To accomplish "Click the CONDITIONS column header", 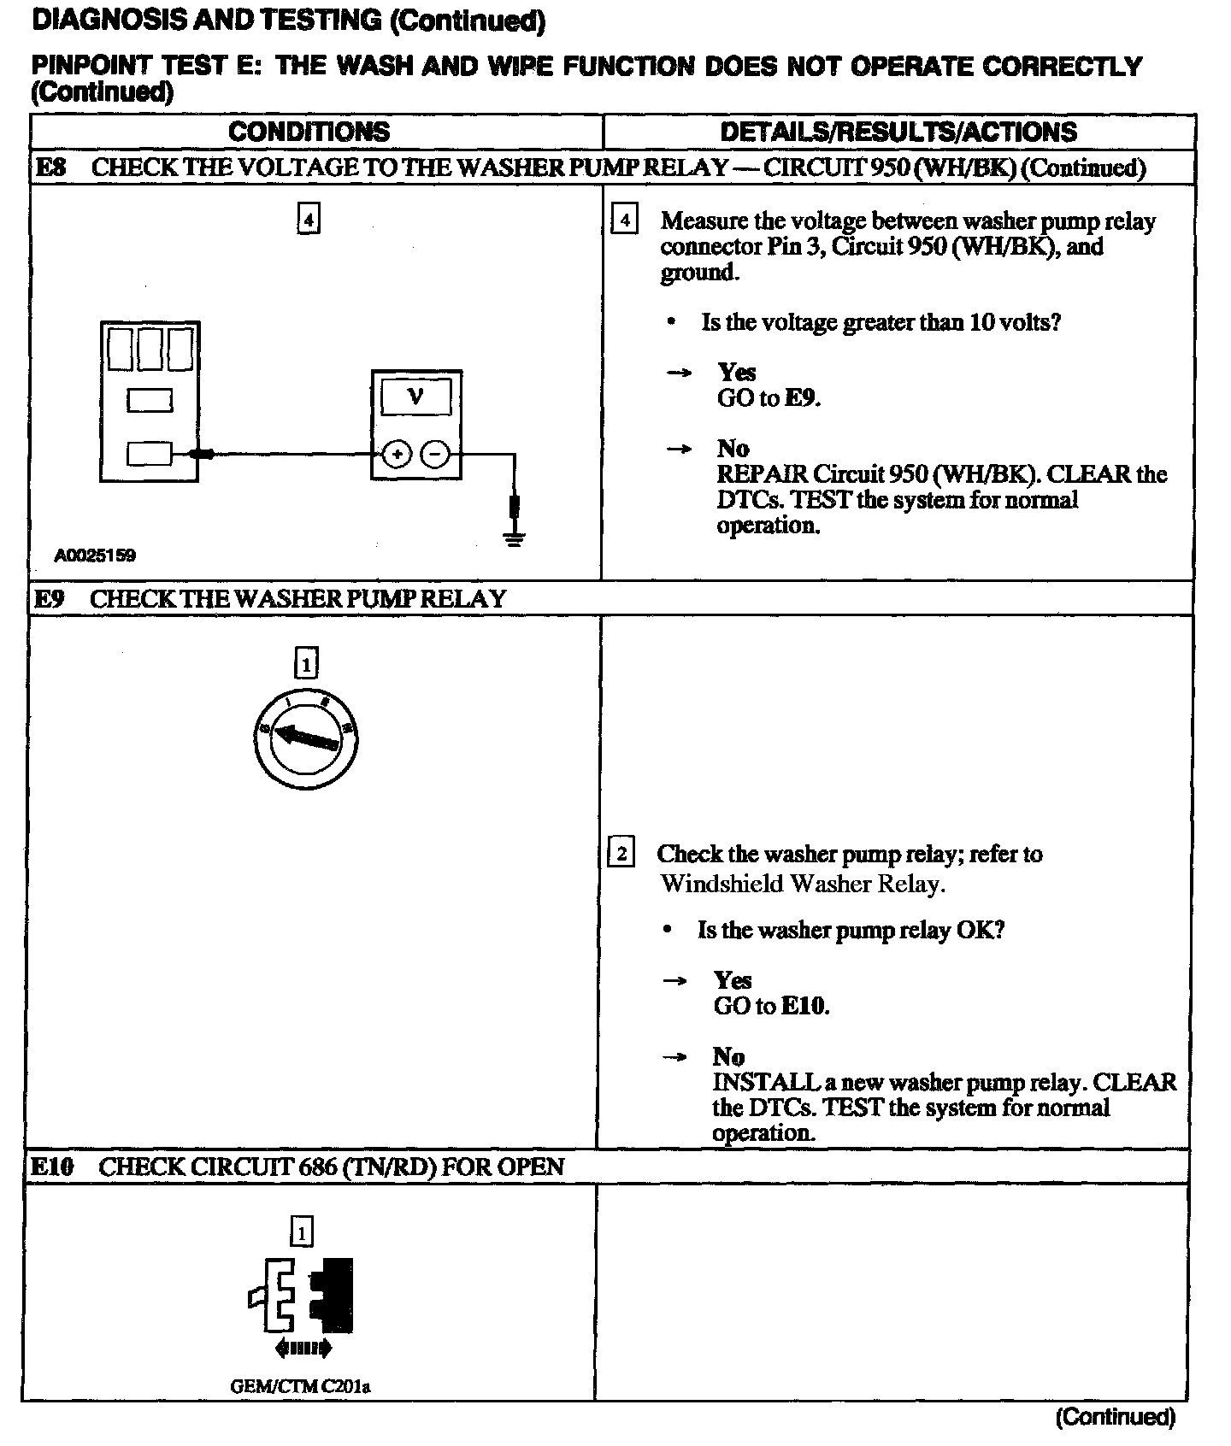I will click(x=309, y=132).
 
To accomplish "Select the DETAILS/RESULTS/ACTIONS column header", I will click(x=898, y=132).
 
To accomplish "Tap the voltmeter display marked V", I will click(x=416, y=397).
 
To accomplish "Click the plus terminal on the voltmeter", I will click(x=396, y=454).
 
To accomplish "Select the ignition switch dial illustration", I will click(x=306, y=738).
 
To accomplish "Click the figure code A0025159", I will click(x=95, y=555).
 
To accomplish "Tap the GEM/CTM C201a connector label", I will click(x=300, y=1386).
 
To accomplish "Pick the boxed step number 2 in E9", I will click(x=621, y=853).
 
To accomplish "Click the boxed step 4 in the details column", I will click(x=625, y=220).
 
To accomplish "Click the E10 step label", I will click(x=52, y=1167).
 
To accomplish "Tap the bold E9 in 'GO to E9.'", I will click(x=801, y=398).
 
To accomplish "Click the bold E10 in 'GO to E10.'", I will click(x=804, y=1006).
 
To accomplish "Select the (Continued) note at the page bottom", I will click(x=1116, y=1417).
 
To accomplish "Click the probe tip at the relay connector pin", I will click(x=203, y=454).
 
